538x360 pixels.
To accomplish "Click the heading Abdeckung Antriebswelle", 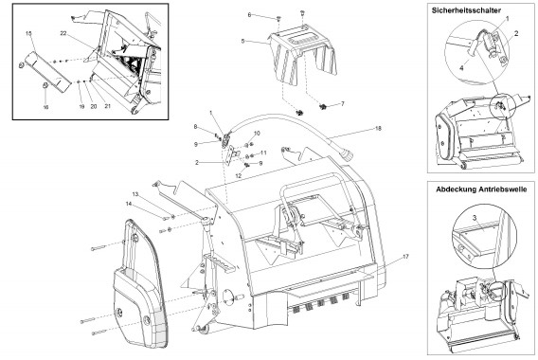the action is (x=481, y=189).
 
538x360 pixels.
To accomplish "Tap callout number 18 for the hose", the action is (x=378, y=128).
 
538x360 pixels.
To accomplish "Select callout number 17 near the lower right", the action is (x=405, y=257).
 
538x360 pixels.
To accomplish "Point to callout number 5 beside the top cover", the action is (x=242, y=41).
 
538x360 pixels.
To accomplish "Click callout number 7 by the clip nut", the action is (x=342, y=103).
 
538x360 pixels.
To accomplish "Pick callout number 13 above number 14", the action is (x=135, y=194).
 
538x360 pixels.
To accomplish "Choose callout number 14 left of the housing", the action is (x=129, y=204).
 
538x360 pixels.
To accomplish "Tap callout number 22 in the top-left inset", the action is (x=63, y=33).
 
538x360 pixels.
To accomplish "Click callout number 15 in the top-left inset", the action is (x=28, y=33).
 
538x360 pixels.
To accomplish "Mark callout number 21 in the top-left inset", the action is (x=107, y=106).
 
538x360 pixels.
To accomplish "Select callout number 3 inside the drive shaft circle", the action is (x=475, y=218).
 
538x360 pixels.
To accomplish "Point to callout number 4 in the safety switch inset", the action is (x=461, y=68).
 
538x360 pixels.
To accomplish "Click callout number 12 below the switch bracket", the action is (x=238, y=175).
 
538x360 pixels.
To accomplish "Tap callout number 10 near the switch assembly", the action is (x=257, y=134).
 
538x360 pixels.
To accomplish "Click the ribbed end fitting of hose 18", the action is (x=348, y=156).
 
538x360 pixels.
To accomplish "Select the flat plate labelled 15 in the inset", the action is (x=47, y=72).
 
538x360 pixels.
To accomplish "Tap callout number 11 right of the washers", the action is (x=263, y=153).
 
